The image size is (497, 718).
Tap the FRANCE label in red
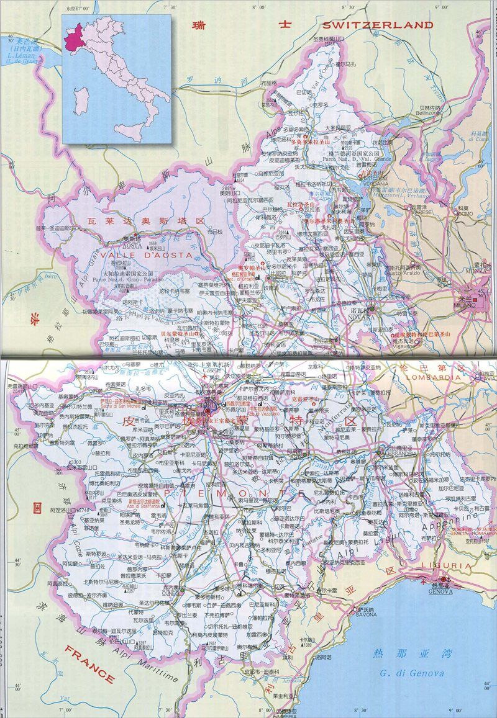coord(89,665)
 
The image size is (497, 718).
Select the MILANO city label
coord(467,306)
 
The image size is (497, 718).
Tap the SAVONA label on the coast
coord(367,614)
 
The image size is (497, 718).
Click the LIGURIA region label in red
coord(438,567)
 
